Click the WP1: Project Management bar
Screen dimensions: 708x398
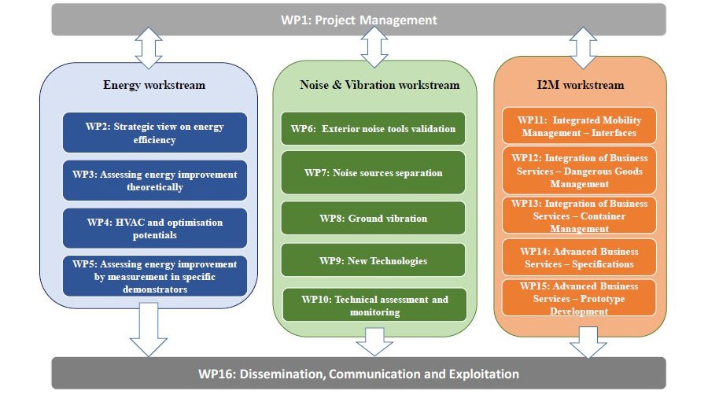(359, 20)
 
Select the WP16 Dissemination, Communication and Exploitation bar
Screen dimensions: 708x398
(359, 373)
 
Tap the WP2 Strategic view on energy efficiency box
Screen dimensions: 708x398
(155, 133)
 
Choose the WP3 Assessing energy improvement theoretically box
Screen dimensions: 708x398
(155, 180)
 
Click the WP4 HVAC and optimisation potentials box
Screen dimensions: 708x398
(155, 228)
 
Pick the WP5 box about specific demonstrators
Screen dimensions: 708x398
(155, 276)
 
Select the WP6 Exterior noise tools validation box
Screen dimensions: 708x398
(373, 129)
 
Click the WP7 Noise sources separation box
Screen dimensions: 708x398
(373, 172)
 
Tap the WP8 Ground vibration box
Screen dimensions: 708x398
(373, 218)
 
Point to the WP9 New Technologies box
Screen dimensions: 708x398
(373, 260)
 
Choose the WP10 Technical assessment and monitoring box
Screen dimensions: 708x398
(374, 305)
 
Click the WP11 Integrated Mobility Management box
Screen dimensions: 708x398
(579, 126)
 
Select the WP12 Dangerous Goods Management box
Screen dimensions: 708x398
(579, 171)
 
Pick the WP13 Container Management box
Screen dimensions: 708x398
(579, 216)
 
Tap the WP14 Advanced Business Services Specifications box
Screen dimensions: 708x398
(579, 257)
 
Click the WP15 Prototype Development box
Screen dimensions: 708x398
(579, 298)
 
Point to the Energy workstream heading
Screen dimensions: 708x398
(154, 85)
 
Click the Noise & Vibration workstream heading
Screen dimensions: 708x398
(380, 85)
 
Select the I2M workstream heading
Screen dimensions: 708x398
(581, 85)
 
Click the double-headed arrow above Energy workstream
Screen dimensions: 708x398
(149, 48)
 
